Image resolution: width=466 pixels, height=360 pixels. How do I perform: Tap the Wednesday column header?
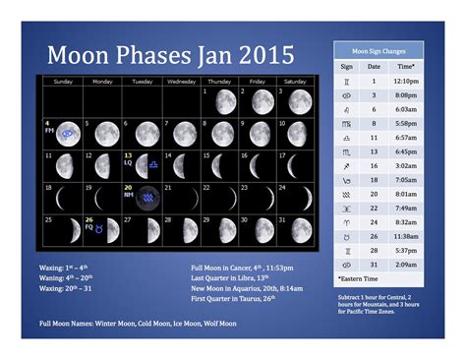click(x=180, y=81)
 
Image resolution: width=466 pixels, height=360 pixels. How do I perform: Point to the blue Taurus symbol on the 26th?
click(x=113, y=230)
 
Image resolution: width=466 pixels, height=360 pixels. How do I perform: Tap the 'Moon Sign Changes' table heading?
click(x=379, y=49)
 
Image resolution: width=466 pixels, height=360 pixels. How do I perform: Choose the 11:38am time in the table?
click(x=405, y=237)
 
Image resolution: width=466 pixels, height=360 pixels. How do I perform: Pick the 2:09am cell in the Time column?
click(x=405, y=265)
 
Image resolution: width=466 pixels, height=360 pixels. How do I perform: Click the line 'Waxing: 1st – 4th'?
click(x=65, y=267)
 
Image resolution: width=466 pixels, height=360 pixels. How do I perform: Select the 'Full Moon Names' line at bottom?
click(x=138, y=324)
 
